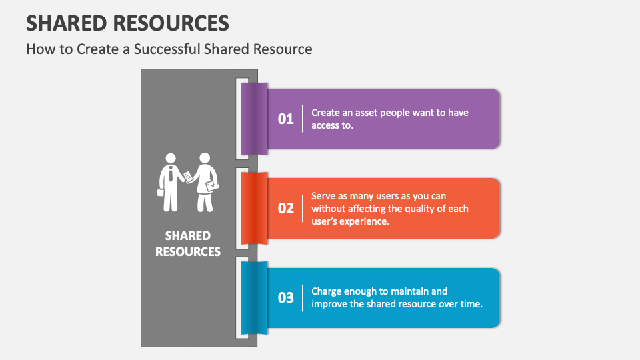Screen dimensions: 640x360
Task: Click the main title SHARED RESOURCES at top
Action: pos(127,23)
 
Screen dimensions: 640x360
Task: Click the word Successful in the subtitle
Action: pos(167,49)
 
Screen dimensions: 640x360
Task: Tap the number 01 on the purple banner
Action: pos(286,119)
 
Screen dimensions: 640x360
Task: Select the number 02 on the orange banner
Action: pos(286,208)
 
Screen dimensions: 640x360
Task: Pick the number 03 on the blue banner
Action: pos(286,297)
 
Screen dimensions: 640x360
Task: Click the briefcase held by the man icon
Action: pos(161,192)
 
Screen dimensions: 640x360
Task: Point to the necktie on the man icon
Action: pos(171,174)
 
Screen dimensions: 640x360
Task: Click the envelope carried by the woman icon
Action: pos(212,186)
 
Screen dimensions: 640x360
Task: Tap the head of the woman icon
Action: pos(205,158)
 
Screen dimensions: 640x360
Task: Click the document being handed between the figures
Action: pos(188,177)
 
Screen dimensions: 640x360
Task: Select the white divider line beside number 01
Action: pos(303,119)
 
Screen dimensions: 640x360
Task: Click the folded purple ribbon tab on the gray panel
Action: pos(253,119)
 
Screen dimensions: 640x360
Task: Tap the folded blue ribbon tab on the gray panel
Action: pos(253,298)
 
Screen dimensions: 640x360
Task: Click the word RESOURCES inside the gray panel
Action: pos(188,251)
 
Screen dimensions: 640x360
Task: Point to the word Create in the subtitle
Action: pos(97,49)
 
